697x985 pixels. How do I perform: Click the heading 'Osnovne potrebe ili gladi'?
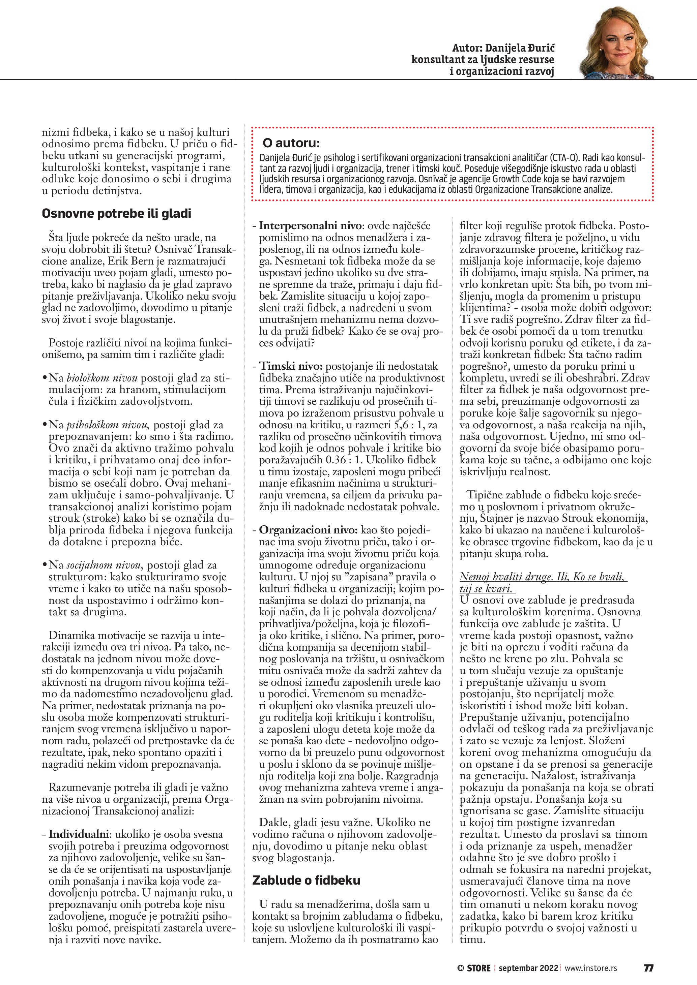tap(116, 214)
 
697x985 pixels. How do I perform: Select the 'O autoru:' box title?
tap(291, 143)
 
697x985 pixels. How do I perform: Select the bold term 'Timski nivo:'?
tap(291, 366)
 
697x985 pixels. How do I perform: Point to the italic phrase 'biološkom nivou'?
tap(102, 378)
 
